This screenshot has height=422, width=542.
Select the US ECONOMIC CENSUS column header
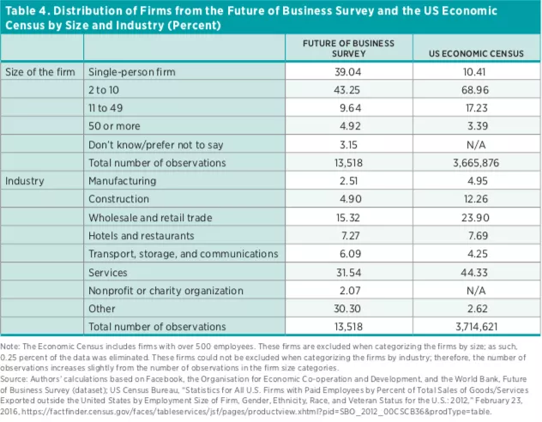click(475, 53)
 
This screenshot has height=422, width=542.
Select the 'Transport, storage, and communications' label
click(184, 254)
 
